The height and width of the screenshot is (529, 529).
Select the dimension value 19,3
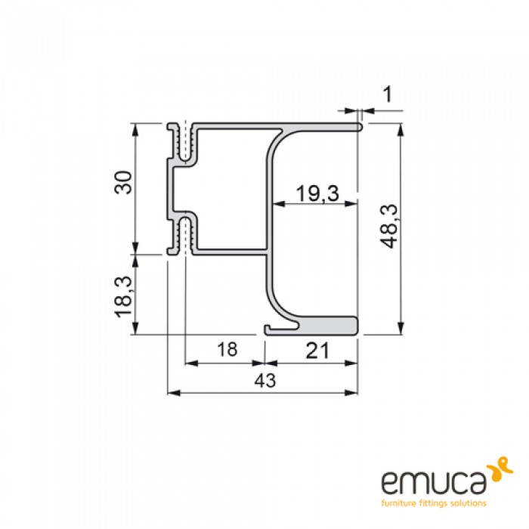316,193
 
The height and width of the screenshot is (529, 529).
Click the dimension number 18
225,350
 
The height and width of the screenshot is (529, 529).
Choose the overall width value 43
263,381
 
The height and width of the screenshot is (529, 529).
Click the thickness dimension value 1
388,94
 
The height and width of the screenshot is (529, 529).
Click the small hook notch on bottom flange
271,329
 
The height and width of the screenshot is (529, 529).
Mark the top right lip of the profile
358,126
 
